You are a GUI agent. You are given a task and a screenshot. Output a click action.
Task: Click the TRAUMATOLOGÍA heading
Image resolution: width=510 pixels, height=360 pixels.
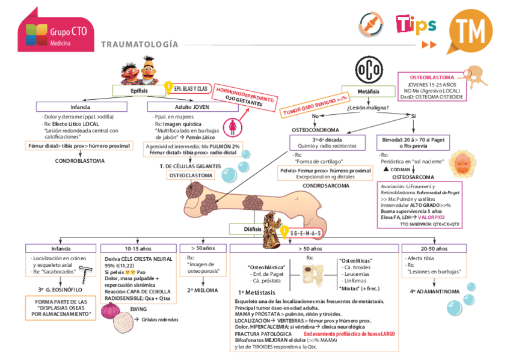140,44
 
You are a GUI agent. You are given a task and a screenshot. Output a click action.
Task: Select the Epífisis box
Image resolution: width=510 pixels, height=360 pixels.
135,90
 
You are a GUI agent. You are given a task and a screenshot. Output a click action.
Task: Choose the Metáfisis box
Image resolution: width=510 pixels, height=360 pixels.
367,90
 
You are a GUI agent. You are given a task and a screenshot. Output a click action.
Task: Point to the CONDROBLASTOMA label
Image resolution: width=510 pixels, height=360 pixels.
79,161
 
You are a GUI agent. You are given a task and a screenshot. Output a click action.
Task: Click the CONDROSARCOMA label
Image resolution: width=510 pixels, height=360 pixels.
325,186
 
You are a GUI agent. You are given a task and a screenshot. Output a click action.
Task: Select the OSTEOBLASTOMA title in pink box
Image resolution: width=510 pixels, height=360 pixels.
431,78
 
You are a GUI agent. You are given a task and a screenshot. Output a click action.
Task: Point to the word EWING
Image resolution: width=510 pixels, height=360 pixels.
139,309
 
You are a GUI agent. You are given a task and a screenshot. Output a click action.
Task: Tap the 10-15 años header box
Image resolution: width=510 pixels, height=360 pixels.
138,248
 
